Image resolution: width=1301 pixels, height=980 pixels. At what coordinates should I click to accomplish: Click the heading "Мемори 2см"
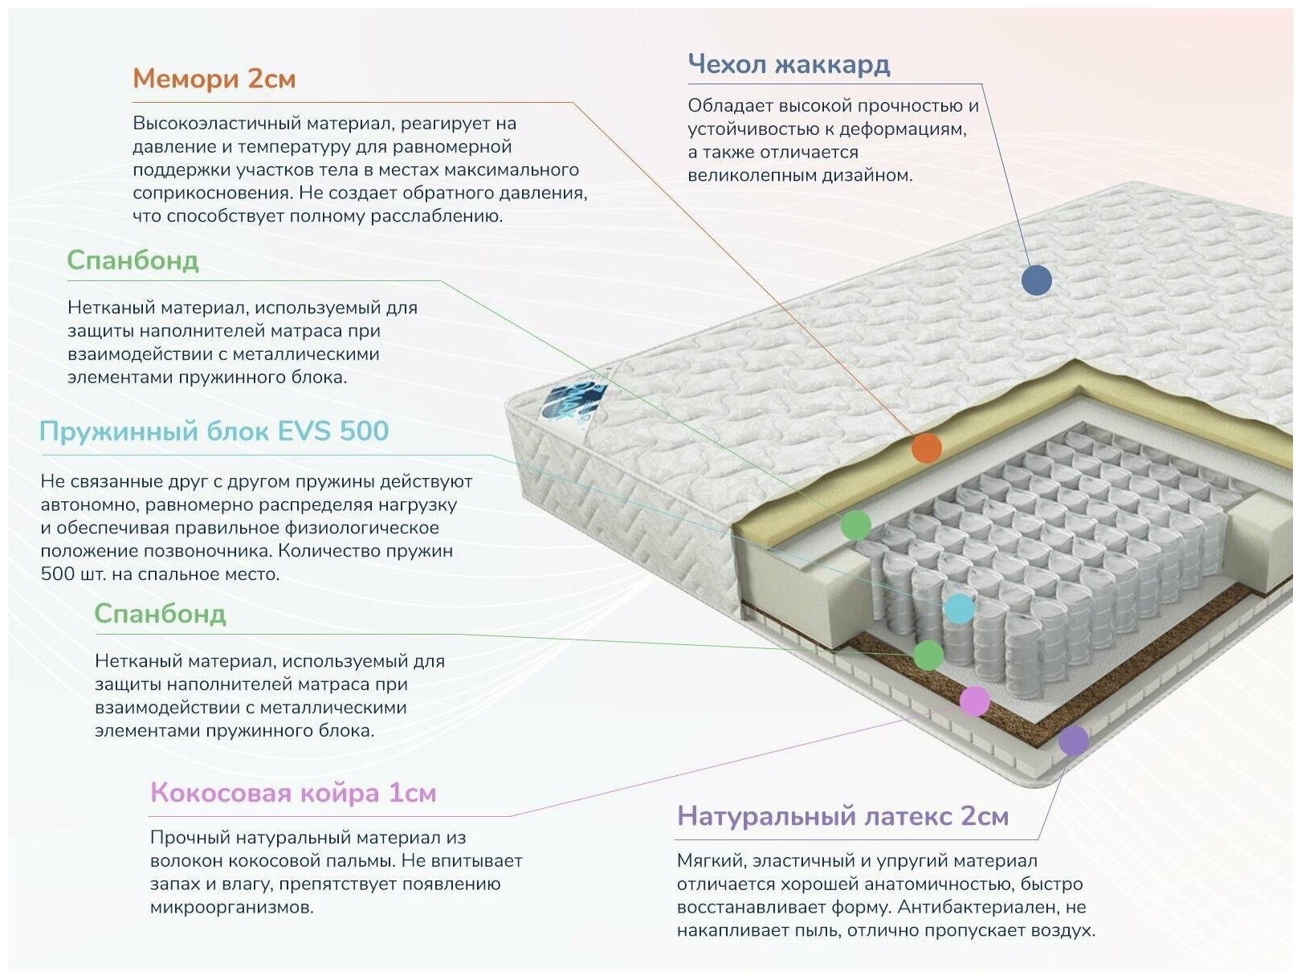pyautogui.click(x=214, y=79)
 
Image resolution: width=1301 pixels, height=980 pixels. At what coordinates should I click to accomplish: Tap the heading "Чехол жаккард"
pyautogui.click(x=789, y=64)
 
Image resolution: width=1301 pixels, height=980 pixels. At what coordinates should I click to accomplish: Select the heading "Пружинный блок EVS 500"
pyautogui.click(x=214, y=431)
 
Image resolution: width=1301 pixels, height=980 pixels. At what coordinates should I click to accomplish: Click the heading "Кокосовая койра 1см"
pyautogui.click(x=293, y=793)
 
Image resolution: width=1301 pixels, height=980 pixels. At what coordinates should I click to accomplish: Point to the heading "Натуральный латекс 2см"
pyautogui.click(x=842, y=816)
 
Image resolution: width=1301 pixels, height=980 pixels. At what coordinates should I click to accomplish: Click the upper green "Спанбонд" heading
pyautogui.click(x=133, y=260)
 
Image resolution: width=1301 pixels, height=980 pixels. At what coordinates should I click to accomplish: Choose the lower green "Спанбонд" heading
pyautogui.click(x=160, y=614)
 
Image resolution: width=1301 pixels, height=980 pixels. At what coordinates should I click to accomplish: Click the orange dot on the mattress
pyautogui.click(x=926, y=447)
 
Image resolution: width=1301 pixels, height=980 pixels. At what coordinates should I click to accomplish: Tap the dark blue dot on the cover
pyautogui.click(x=1036, y=280)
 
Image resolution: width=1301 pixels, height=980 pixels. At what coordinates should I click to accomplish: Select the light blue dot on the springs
pyautogui.click(x=959, y=608)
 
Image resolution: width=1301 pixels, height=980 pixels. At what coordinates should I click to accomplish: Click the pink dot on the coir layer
pyautogui.click(x=974, y=700)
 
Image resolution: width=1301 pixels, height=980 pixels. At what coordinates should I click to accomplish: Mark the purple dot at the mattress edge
pyautogui.click(x=1073, y=740)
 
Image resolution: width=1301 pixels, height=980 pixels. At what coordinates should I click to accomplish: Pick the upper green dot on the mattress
pyautogui.click(x=855, y=525)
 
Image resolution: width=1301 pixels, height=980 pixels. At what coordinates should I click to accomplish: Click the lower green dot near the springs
pyautogui.click(x=928, y=655)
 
